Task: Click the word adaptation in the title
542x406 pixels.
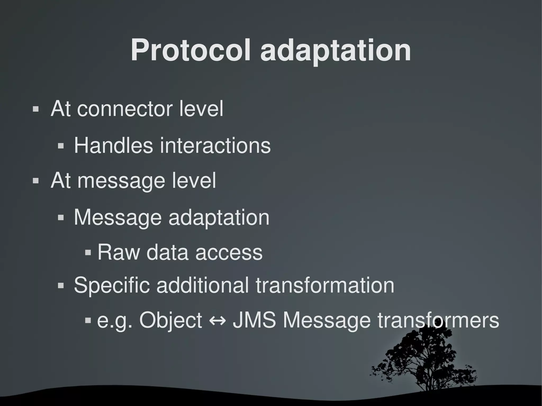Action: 336,50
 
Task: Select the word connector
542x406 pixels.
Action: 124,109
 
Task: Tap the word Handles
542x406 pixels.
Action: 114,145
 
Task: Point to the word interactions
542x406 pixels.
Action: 215,145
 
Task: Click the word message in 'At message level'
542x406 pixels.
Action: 121,181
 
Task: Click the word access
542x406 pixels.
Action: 229,252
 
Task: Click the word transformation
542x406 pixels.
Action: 325,285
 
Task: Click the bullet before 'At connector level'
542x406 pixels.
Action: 35,109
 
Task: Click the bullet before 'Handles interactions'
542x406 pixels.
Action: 61,146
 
